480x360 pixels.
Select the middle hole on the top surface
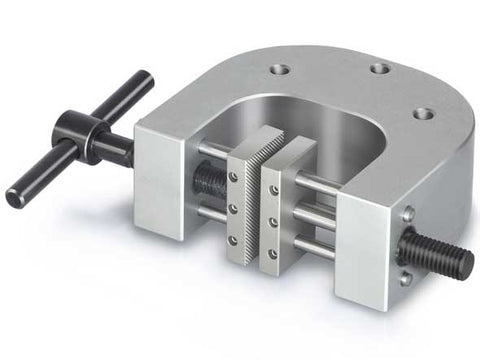coord(378,69)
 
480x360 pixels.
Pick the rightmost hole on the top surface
coord(422,113)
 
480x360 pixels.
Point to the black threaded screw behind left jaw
coord(210,179)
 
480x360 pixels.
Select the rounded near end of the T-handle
coord(14,196)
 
